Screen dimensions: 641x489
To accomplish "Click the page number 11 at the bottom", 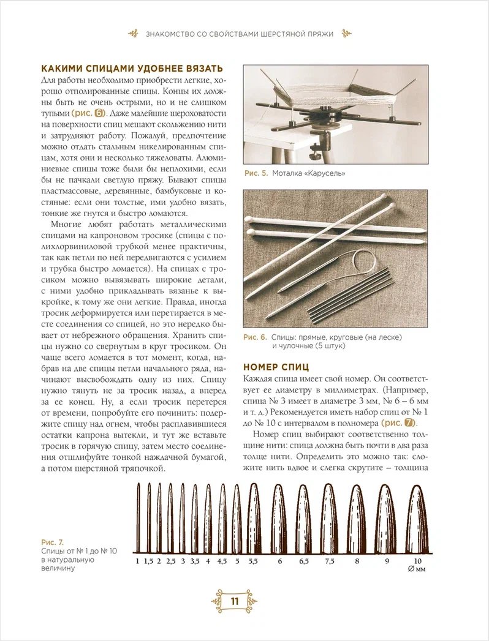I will (x=235, y=601).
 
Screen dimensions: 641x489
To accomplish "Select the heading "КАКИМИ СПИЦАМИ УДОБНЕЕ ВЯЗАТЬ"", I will (x=131, y=69).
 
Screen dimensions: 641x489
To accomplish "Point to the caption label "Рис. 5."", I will (x=256, y=173).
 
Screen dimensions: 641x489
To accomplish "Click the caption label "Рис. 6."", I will (x=255, y=337).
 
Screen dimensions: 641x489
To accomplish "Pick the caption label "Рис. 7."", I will (x=52, y=542).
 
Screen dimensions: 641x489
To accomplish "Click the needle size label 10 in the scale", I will (x=417, y=560).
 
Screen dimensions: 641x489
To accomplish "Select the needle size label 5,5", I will (x=253, y=560).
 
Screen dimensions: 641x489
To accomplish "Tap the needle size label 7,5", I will (x=330, y=560).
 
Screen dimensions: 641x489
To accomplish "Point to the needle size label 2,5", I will (x=170, y=560).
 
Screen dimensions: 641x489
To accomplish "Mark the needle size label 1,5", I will (x=148, y=560).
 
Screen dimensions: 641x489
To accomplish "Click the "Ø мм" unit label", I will (x=417, y=570).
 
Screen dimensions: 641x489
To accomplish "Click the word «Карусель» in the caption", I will (x=328, y=173).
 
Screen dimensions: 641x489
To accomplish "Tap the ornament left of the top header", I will (x=133, y=34).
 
